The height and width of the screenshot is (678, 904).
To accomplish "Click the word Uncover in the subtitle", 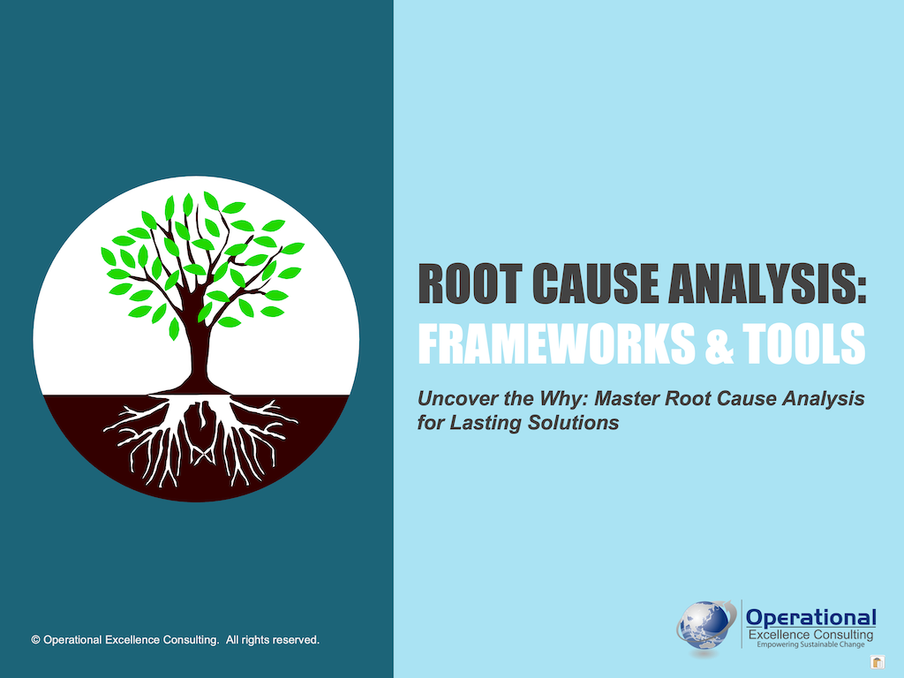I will click(x=451, y=399).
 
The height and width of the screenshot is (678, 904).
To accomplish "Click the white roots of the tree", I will click(x=199, y=437).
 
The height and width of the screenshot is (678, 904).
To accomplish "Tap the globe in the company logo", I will click(x=704, y=626).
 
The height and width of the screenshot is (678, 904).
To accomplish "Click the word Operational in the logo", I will click(x=810, y=617).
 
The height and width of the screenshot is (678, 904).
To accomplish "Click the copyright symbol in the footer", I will click(x=36, y=639).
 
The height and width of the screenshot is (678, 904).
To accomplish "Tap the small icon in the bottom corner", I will click(x=878, y=662).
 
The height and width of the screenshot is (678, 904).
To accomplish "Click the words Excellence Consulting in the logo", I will click(x=810, y=635).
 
